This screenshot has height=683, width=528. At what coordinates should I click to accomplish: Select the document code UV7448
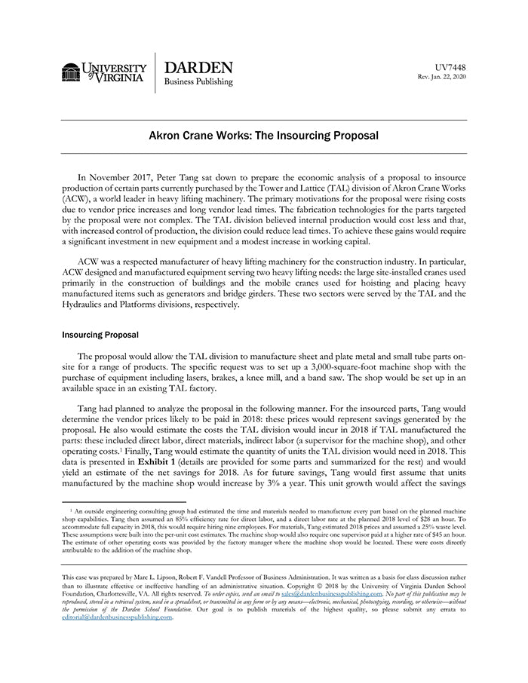451,68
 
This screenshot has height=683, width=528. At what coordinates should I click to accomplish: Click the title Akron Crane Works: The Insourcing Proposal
263,136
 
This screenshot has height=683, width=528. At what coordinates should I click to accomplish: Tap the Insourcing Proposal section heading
100,333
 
